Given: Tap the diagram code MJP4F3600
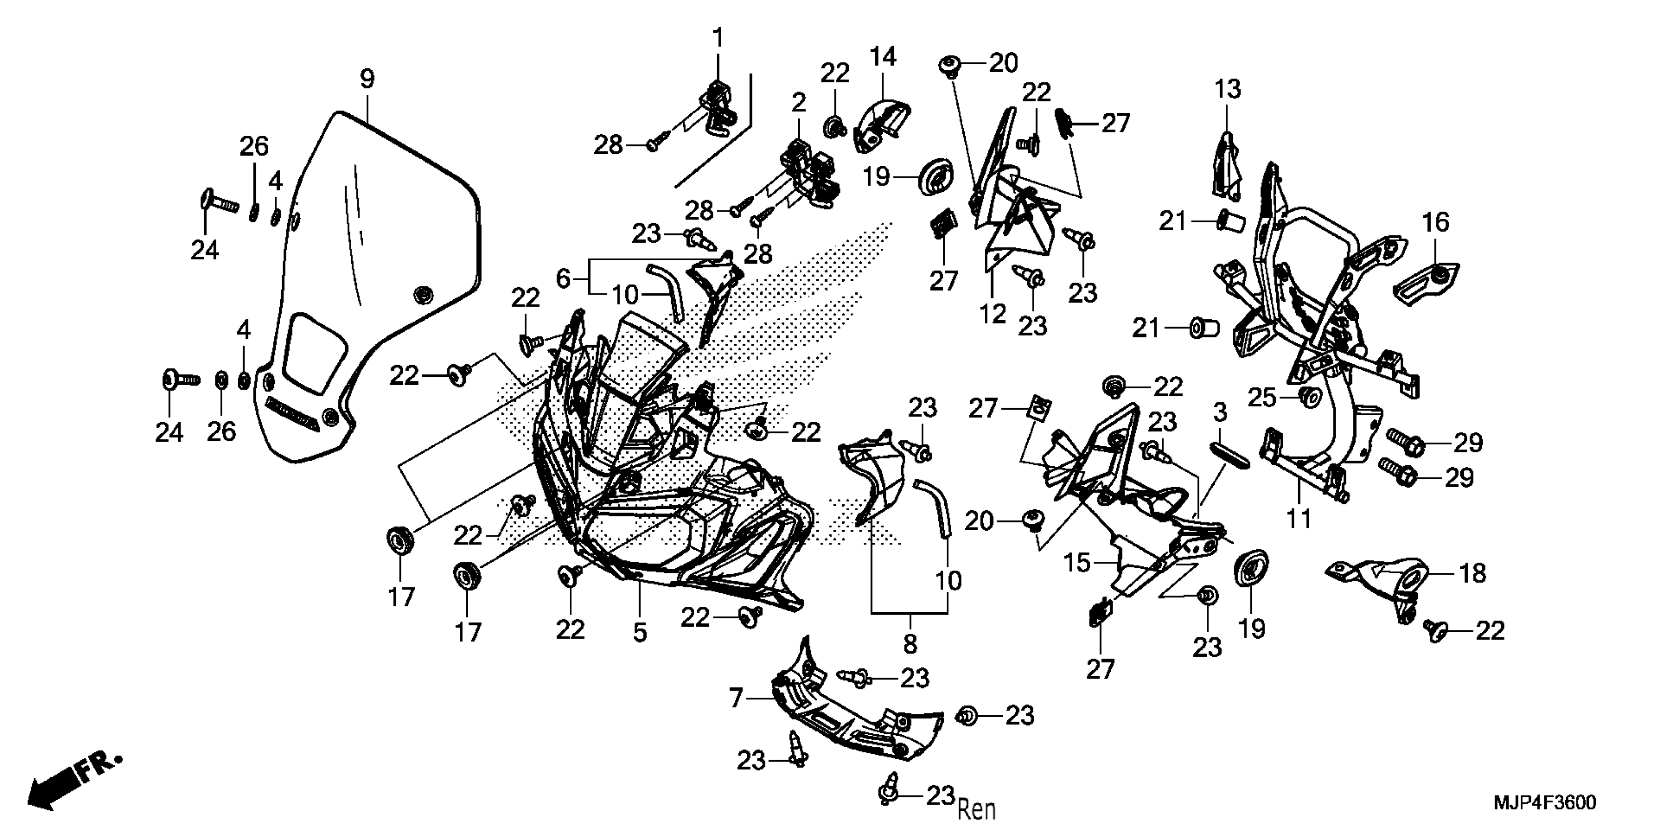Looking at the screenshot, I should [x=1545, y=802].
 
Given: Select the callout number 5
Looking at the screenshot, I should [x=639, y=632].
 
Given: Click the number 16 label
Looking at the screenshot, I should [x=1436, y=223].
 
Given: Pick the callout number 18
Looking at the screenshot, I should [x=1473, y=573].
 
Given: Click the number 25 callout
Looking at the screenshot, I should [x=1262, y=397].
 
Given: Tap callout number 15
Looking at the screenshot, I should [x=1077, y=562].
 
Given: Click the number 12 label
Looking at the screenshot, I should [x=993, y=314].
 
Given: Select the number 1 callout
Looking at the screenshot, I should [x=718, y=38].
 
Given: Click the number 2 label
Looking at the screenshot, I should [x=799, y=103].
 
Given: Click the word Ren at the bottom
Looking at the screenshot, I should [x=976, y=808].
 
